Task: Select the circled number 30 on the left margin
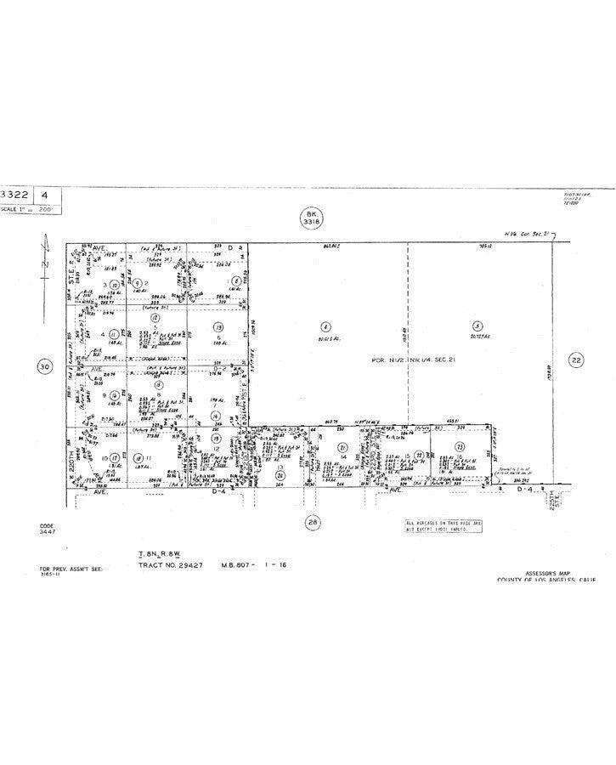pyautogui.click(x=44, y=367)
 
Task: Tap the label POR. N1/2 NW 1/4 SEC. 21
pyautogui.click(x=406, y=360)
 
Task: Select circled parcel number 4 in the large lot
pyautogui.click(x=325, y=326)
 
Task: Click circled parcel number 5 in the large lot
pyautogui.click(x=478, y=326)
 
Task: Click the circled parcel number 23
pyautogui.click(x=459, y=446)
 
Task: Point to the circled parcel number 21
pyautogui.click(x=342, y=447)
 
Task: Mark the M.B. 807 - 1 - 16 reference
pyautogui.click(x=254, y=564)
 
